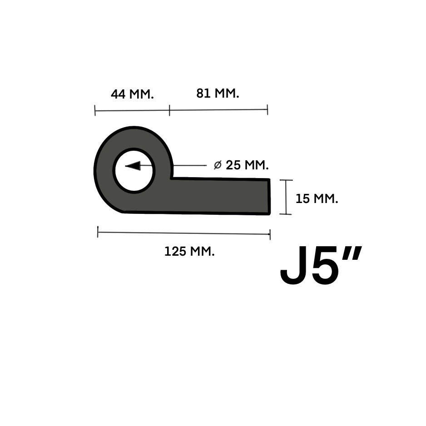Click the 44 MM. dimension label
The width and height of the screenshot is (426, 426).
point(132,94)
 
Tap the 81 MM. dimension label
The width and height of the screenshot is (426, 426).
point(218,93)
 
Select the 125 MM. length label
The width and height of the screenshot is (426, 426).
point(189,251)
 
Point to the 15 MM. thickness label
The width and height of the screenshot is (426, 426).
point(317,198)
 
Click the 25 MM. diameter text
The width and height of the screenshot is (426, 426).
point(247,165)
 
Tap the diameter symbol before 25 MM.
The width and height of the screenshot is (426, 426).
point(218,165)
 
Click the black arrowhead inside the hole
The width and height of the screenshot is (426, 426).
point(133,166)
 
